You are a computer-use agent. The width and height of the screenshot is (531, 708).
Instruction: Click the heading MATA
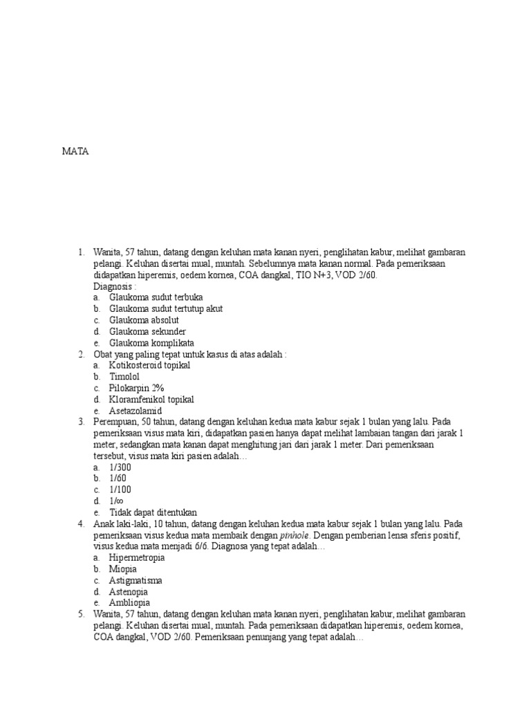(75, 151)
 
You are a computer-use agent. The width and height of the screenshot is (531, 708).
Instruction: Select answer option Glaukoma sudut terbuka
(151, 297)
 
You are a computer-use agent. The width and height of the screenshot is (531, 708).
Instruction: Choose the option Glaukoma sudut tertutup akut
(166, 308)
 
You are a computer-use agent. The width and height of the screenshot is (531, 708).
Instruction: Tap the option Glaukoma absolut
(144, 320)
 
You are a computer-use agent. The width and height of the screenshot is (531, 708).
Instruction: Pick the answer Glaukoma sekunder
(147, 331)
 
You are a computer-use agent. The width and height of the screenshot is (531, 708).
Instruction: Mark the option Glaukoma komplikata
(151, 343)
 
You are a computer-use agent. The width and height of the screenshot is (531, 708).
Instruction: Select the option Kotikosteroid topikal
(149, 365)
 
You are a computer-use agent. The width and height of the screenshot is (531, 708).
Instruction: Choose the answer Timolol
(124, 377)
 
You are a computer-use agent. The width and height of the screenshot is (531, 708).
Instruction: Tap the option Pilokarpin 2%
(136, 388)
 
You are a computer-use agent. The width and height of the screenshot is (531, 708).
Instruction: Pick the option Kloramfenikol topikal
(151, 399)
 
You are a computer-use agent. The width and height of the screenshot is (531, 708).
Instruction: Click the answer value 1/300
(120, 467)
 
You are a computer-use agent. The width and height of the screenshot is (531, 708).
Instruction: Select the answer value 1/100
(120, 490)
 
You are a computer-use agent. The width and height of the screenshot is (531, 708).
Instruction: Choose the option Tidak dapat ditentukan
(153, 512)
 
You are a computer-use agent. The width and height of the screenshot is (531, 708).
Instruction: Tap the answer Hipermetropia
(137, 557)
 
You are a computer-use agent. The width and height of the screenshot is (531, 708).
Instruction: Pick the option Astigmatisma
(136, 580)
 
